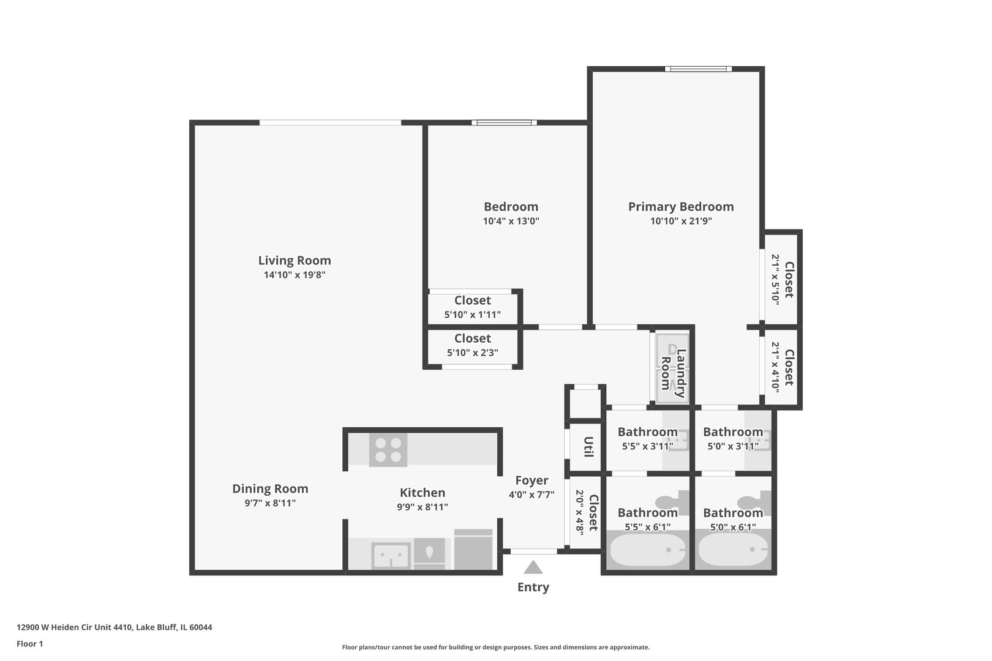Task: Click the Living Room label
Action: tap(295, 260)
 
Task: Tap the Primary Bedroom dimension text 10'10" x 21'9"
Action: tap(681, 221)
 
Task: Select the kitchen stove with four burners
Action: tap(388, 449)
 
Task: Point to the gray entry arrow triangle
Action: tap(533, 567)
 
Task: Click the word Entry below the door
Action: tap(533, 587)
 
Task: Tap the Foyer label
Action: tap(532, 480)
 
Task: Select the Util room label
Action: tap(588, 447)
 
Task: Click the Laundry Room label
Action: tap(673, 373)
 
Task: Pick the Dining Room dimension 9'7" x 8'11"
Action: tap(270, 503)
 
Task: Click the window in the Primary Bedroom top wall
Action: tap(699, 69)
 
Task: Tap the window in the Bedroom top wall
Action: tap(504, 122)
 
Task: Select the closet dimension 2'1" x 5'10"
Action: tap(775, 278)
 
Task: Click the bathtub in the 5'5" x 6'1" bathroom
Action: tap(648, 550)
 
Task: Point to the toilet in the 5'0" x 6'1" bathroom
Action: tap(754, 502)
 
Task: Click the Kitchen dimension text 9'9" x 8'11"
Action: tap(423, 507)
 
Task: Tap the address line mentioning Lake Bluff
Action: tap(115, 627)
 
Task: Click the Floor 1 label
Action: tap(29, 644)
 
